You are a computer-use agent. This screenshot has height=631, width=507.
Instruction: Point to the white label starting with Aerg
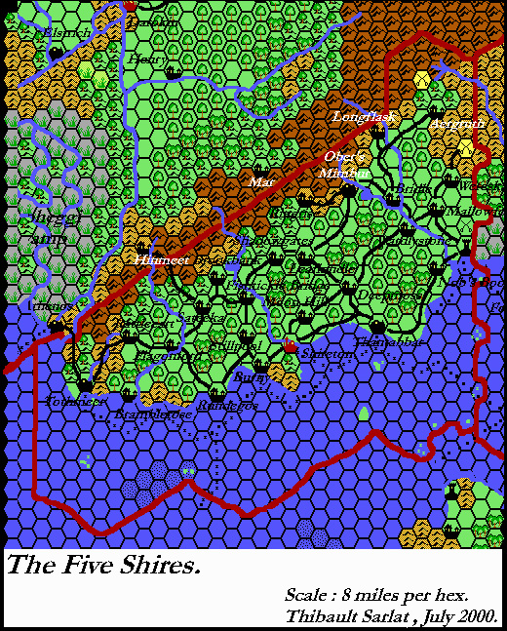[x=457, y=124]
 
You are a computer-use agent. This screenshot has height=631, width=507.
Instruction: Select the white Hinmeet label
[x=160, y=260]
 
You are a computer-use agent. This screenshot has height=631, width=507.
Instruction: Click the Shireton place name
[x=328, y=354]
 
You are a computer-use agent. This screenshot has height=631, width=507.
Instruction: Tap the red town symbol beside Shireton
[x=290, y=347]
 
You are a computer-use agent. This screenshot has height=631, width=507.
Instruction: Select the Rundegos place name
[x=227, y=404]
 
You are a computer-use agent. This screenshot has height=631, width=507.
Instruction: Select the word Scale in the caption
[x=307, y=595]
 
